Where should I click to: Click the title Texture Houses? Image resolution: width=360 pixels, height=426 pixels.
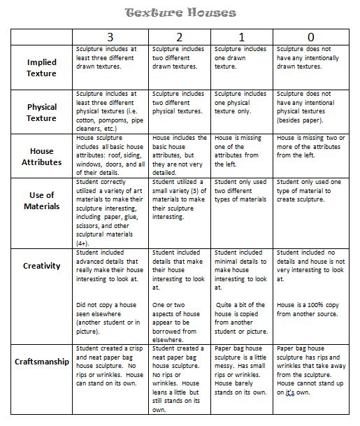point(180,13)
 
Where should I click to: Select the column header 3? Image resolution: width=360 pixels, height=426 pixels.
point(110,36)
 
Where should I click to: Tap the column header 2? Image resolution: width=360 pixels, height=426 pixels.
point(180,36)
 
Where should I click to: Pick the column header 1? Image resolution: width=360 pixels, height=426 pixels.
point(242,36)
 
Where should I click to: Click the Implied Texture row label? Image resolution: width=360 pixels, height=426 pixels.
point(41,68)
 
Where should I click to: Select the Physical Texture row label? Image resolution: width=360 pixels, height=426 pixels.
point(41,113)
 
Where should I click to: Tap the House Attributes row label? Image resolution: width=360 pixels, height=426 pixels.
point(41,156)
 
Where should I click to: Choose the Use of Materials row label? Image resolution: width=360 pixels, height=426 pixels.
point(41,201)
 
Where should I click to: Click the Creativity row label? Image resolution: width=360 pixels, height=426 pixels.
point(41,266)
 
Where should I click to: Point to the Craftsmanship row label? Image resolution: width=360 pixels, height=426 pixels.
point(41,362)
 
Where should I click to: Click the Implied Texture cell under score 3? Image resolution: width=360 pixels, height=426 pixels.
point(110,58)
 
